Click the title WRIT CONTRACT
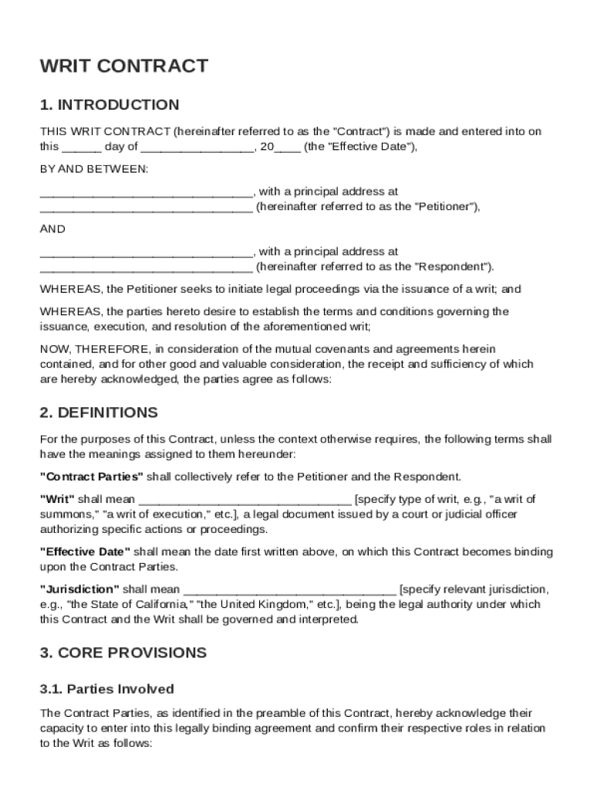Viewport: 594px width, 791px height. tap(123, 66)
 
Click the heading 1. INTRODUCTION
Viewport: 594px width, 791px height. tap(110, 105)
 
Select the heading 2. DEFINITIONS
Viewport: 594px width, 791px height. tap(99, 412)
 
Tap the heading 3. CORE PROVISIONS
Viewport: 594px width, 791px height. tap(123, 653)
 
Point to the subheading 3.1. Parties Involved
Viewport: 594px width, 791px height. tap(107, 689)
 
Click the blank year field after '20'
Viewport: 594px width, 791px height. tap(288, 147)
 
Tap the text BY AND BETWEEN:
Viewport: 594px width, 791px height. tap(94, 168)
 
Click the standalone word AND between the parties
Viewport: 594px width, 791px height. tap(52, 229)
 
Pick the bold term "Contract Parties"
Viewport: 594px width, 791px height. tap(92, 477)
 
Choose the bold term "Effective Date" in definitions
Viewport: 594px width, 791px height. tap(86, 552)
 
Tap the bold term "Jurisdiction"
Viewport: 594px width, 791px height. tap(79, 589)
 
